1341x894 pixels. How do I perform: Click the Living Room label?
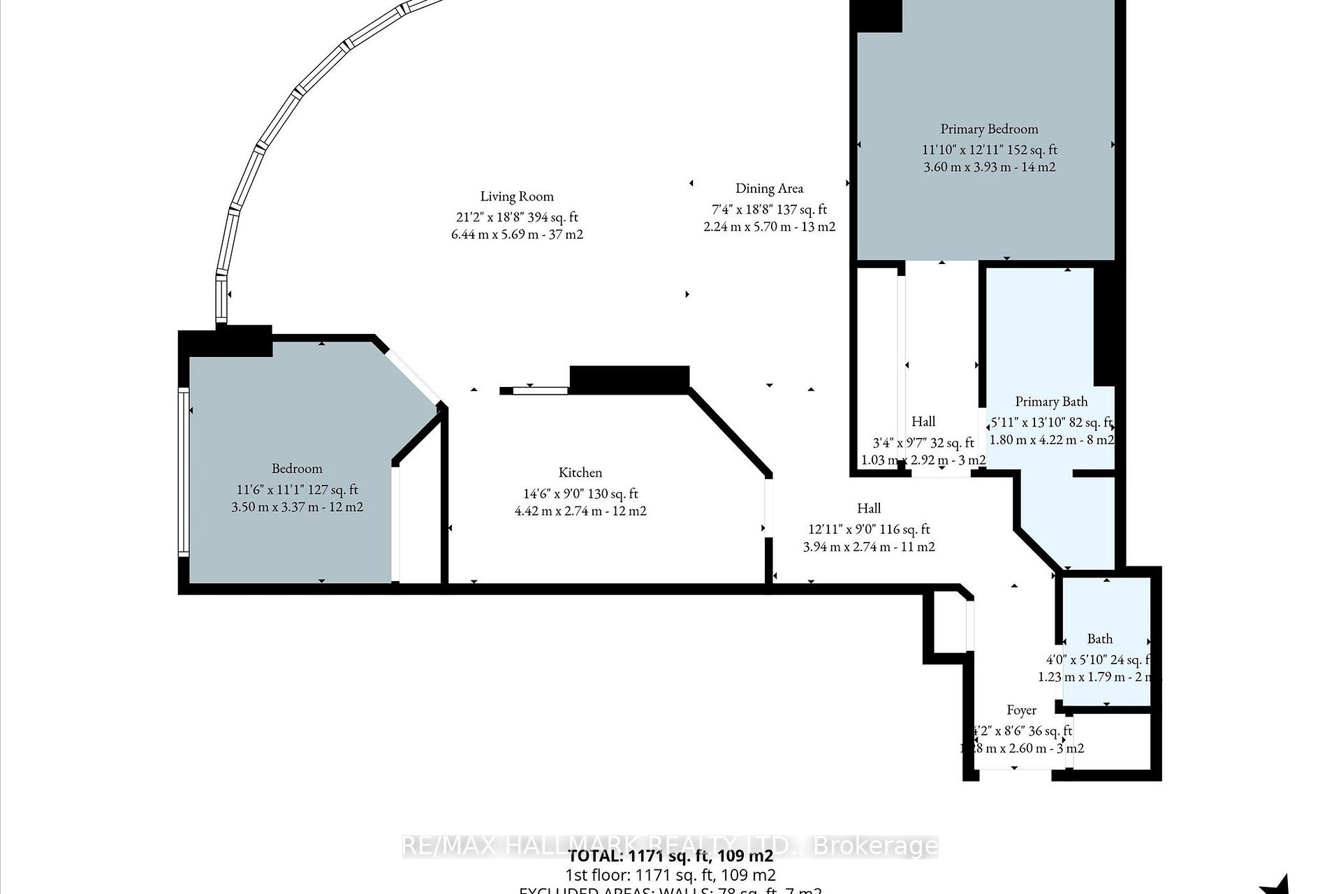tap(516, 197)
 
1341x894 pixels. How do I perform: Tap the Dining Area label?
tap(769, 189)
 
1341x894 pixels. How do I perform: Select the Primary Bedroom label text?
tap(989, 129)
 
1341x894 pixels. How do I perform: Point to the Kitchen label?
tap(580, 473)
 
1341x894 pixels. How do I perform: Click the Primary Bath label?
tap(1051, 402)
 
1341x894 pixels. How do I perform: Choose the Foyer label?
tap(1021, 710)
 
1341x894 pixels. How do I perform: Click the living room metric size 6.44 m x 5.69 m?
tap(517, 235)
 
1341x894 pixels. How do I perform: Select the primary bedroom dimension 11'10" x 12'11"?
tap(989, 149)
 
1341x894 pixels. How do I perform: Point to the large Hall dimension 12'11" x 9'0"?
tap(868, 529)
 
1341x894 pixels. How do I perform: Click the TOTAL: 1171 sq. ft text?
tap(670, 856)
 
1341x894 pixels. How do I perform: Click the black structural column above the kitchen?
tap(629, 379)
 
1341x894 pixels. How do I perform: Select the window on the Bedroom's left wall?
tap(184, 472)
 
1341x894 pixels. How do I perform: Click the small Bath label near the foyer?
tap(1099, 639)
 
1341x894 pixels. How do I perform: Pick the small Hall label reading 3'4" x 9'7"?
tap(923, 442)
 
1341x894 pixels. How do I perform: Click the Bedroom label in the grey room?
tap(297, 469)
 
